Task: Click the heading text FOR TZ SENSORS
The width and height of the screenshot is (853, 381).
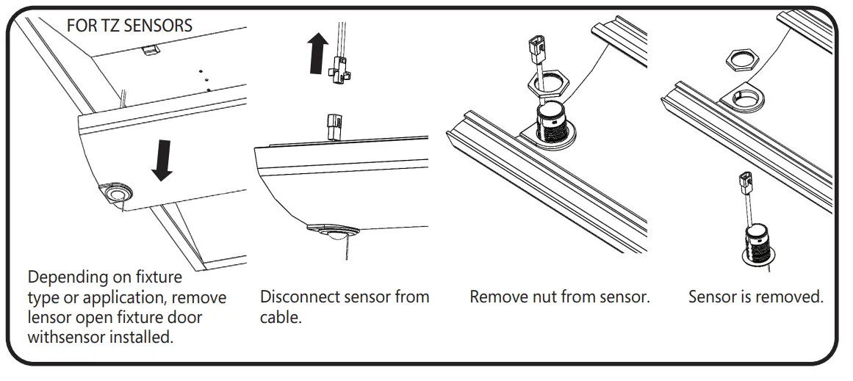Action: coord(129,26)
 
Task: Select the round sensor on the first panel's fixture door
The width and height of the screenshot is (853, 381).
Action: coord(118,194)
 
